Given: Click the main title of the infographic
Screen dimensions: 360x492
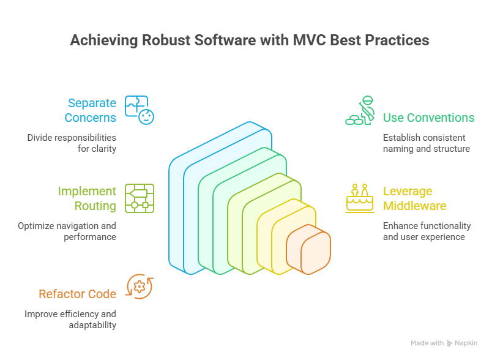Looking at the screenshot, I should point(249,41).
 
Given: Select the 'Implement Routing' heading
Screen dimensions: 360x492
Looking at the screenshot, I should point(87,198).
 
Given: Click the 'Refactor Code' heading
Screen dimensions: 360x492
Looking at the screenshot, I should point(77,294).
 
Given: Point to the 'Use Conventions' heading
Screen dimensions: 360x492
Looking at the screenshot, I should point(428,118).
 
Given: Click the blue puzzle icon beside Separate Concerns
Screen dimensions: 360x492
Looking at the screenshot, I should point(140,110).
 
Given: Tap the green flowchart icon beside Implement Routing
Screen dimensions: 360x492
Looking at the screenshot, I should point(139,198).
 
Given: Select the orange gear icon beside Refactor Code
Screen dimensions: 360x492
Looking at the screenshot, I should point(139,287).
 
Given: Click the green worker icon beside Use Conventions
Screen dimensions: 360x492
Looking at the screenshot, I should point(360,111).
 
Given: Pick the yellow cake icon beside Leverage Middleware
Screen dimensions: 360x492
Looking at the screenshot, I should point(360,198).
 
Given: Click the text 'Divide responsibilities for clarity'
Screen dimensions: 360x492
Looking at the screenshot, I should point(72,143).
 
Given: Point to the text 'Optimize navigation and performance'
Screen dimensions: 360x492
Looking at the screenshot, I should point(67,231).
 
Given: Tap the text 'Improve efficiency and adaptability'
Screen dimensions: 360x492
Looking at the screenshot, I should point(70,320).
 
